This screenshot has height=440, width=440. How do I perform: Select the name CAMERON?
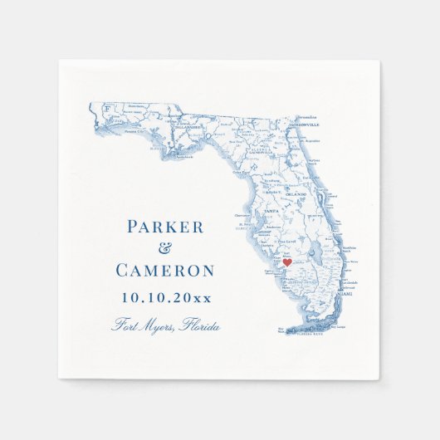(x=164, y=271)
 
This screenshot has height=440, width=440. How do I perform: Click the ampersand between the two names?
(x=164, y=249)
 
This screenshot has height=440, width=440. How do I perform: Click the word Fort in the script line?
(x=125, y=325)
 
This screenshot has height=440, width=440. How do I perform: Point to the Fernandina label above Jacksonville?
(x=309, y=119)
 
